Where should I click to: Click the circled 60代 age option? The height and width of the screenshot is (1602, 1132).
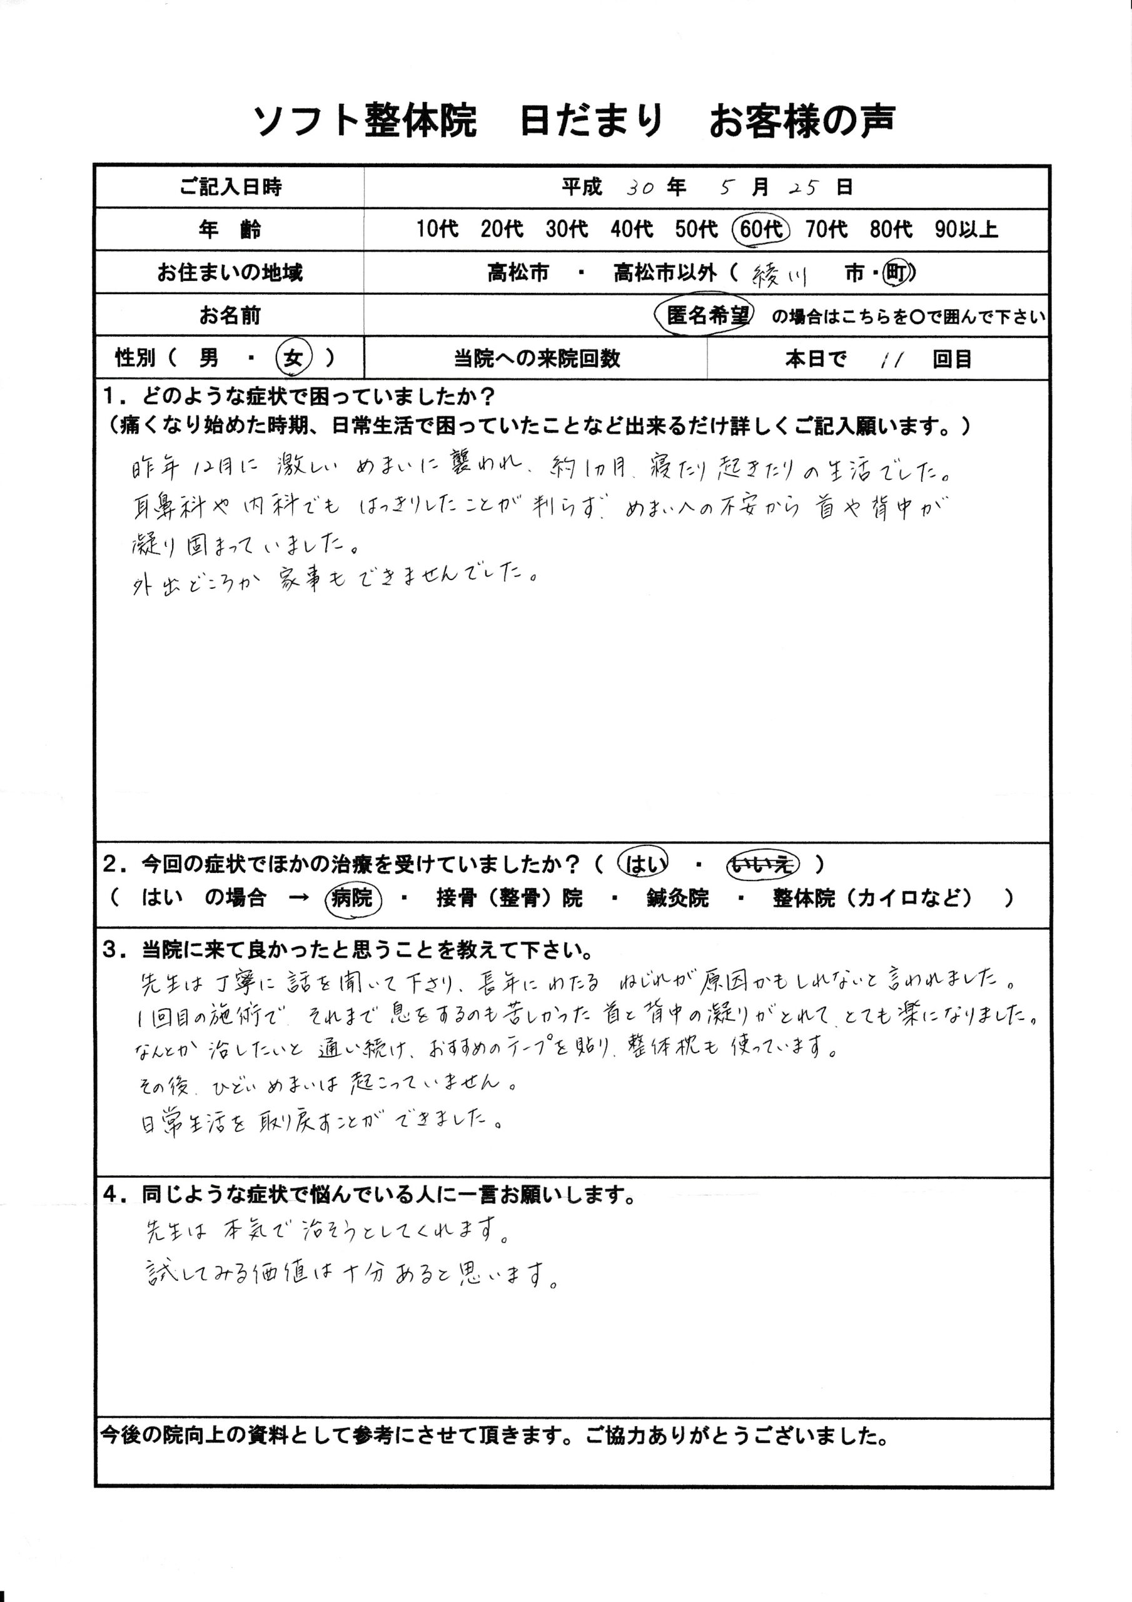(x=761, y=229)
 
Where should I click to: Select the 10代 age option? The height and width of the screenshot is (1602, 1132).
(x=437, y=229)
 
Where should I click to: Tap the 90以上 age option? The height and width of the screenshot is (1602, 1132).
(x=966, y=229)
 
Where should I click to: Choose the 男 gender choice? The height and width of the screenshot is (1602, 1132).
(x=208, y=359)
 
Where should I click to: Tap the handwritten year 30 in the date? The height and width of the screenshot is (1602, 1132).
(x=640, y=188)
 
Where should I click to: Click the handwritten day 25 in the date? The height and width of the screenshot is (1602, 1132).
(x=804, y=188)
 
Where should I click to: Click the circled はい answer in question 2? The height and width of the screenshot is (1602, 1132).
(x=644, y=864)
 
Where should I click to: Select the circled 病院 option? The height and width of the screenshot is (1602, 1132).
(x=355, y=899)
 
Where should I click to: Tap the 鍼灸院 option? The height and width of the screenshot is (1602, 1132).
(x=677, y=899)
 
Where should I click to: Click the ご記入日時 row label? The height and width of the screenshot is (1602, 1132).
(x=230, y=187)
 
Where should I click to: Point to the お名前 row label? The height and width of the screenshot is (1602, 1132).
(x=230, y=316)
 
